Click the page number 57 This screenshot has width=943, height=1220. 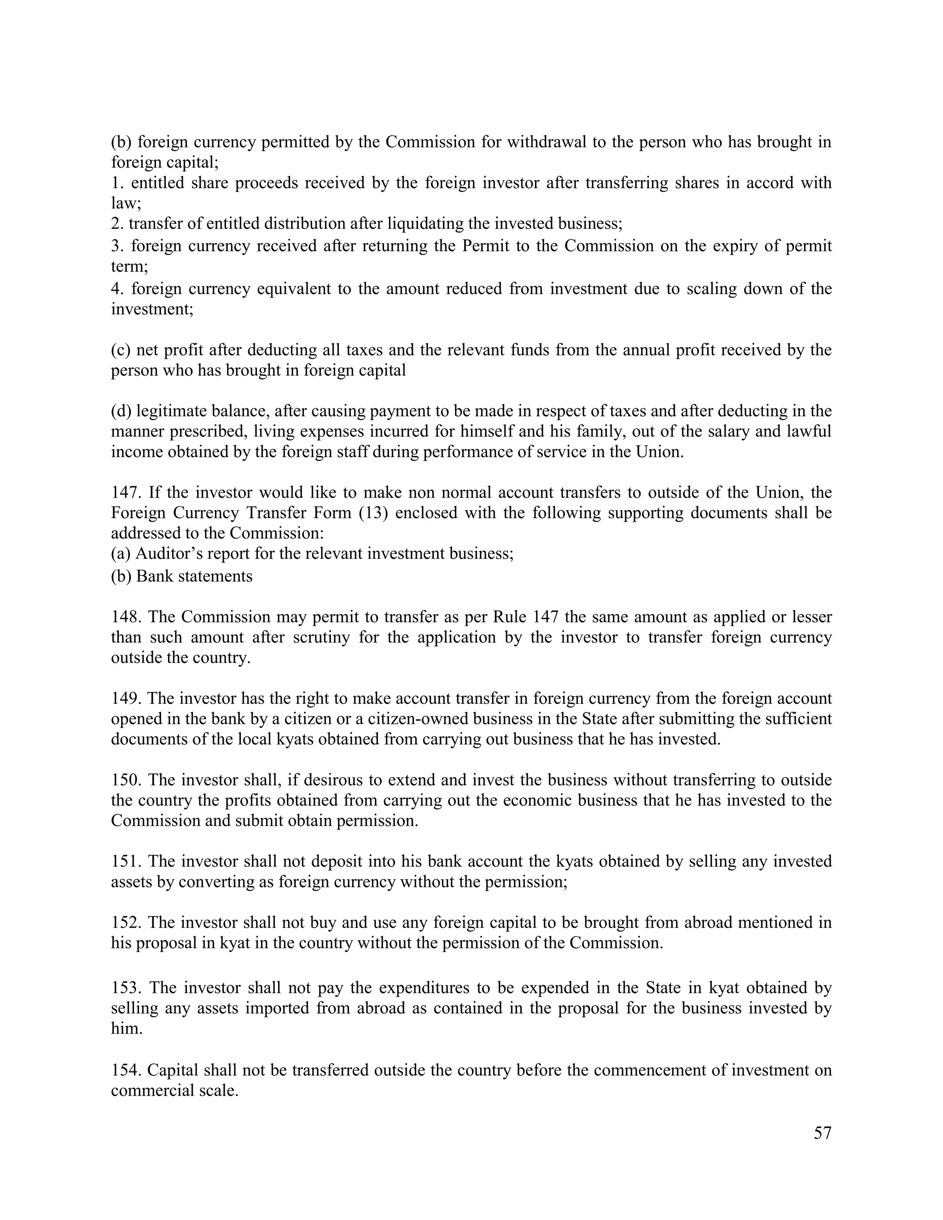[822, 1133]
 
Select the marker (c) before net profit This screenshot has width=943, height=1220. [121, 350]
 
